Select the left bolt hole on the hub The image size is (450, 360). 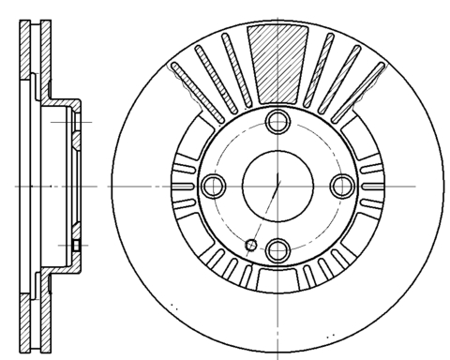pyautogui.click(x=212, y=184)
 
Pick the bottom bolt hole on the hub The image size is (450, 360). pyautogui.click(x=277, y=249)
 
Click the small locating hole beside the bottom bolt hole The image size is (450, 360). pyautogui.click(x=250, y=246)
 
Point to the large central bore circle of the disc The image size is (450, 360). pyautogui.click(x=277, y=184)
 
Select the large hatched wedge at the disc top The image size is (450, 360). pyautogui.click(x=277, y=61)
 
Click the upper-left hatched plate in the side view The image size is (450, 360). pyautogui.click(x=24, y=75)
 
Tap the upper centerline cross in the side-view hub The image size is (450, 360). pyautogui.click(x=74, y=123)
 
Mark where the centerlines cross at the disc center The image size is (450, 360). pyautogui.click(x=277, y=185)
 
